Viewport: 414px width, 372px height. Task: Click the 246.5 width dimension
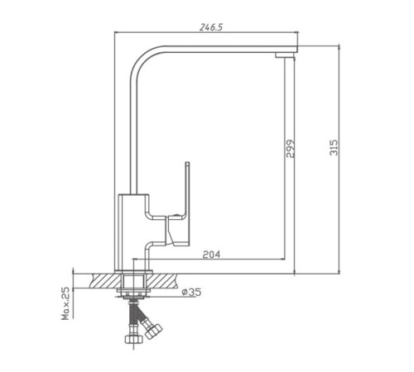point(211,27)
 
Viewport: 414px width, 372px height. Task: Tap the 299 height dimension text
point(290,149)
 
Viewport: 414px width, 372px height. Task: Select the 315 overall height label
point(334,147)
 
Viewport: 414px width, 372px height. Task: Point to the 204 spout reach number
point(211,255)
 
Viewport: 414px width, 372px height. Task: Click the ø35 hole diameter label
point(191,292)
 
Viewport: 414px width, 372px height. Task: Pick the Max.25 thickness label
point(65,303)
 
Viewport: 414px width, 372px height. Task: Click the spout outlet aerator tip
point(285,55)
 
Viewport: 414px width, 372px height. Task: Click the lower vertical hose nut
point(133,339)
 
